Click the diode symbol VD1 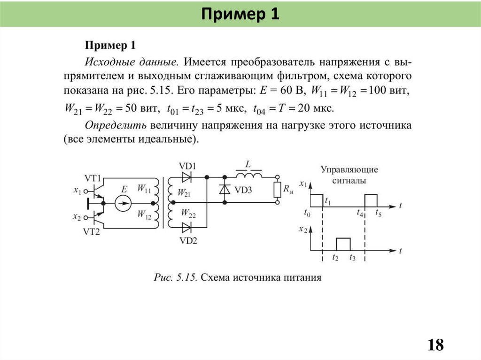pos(187,177)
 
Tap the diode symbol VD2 pos(187,228)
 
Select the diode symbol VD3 pos(225,190)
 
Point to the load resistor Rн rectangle pos(277,190)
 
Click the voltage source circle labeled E pos(123,203)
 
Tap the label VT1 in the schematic pos(93,178)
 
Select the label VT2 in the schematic pos(91,231)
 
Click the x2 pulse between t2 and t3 pos(343,244)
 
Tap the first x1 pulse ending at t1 pos(317,199)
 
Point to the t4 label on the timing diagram pos(360,214)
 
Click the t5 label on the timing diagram pos(378,214)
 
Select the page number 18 pos(435,345)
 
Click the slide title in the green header pos(240,14)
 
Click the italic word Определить pos(116,125)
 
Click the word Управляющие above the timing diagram pos(349,169)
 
